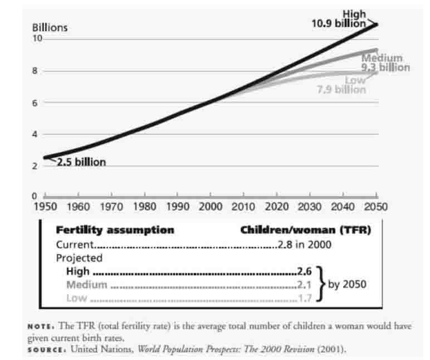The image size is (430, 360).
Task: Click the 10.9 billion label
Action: point(339,23)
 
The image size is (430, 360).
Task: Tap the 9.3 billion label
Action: point(385,67)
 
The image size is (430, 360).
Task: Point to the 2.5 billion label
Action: point(81,163)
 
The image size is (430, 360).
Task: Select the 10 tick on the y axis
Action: point(38,38)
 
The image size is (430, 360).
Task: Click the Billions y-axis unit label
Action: point(50,27)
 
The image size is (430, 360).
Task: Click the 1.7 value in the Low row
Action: point(305,298)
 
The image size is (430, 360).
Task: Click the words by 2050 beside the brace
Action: point(347,284)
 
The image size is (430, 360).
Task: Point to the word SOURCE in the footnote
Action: point(45,349)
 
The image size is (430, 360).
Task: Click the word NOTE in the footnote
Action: point(40,327)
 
